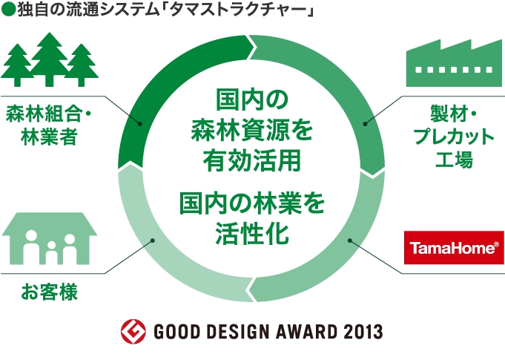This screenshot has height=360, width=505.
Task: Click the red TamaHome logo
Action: (x=453, y=248)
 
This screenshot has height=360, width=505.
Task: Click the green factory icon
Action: (x=453, y=64)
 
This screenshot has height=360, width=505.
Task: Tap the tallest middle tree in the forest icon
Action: (x=50, y=57)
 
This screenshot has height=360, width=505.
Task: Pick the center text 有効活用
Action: (x=251, y=160)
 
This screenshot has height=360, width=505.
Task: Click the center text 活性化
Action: (x=251, y=233)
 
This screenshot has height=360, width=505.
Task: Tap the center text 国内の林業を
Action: (x=251, y=202)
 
